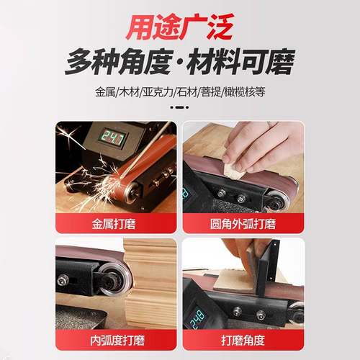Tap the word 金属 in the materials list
pyautogui.click(x=104, y=94)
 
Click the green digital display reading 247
pyautogui.click(x=112, y=139)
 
